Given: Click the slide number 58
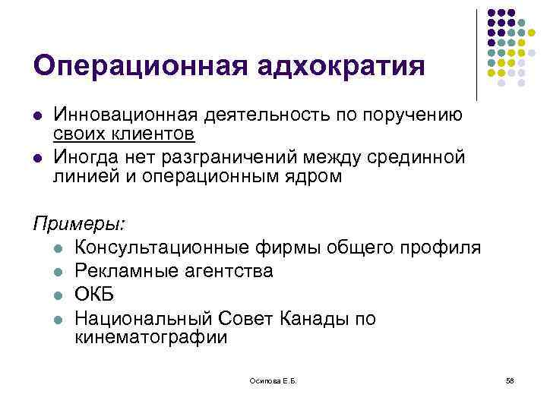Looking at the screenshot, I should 509,381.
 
